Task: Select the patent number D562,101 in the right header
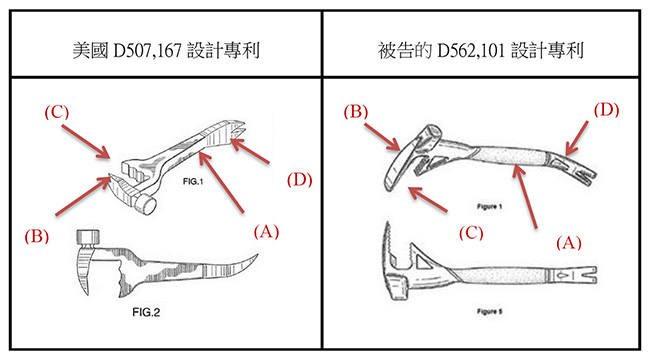pos(471,51)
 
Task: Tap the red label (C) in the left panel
pos(57,112)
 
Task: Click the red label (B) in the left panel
pos(36,236)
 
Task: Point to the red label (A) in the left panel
pos(266,231)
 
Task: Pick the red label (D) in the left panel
pos(299,180)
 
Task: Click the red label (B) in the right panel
pos(356,112)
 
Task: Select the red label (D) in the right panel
pos(606,110)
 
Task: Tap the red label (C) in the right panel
pos(471,233)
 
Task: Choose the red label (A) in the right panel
pos(568,243)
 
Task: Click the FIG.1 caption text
pos(193,182)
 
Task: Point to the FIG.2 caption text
pos(146,312)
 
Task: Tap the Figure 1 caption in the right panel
pos(490,206)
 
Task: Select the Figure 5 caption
pos(490,311)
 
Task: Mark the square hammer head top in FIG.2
pos(88,237)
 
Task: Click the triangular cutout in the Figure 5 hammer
pos(422,262)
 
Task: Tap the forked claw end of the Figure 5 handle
pos(588,275)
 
